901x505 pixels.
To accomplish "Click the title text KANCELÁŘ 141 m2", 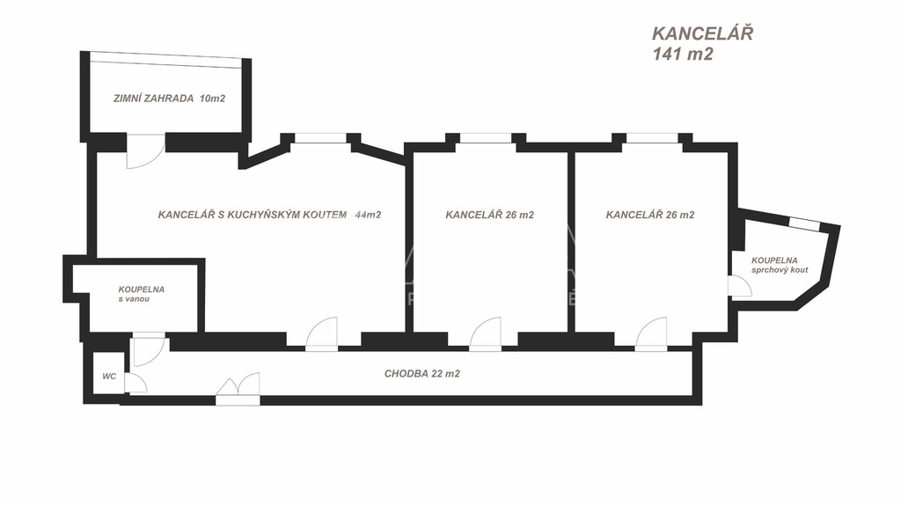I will (x=701, y=43).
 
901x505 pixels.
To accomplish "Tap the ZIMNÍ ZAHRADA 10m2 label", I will (x=169, y=99).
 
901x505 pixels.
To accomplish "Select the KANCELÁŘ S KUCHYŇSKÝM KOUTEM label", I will (x=252, y=214).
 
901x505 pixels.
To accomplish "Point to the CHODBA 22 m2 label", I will (x=421, y=374).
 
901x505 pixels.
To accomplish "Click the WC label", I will (x=109, y=377).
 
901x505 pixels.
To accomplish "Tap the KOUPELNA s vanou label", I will (x=142, y=294).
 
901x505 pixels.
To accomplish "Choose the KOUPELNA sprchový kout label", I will (x=779, y=265).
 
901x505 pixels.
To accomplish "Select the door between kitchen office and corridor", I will (x=322, y=333).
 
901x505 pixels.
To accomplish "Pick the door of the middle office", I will (x=485, y=334).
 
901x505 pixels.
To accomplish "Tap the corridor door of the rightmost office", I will (x=651, y=334).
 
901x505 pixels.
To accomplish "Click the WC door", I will (x=135, y=383).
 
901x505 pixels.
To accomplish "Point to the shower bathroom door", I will (x=739, y=287).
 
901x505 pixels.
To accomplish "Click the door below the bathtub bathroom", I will (x=146, y=349).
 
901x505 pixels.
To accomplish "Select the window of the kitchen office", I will (x=320, y=137).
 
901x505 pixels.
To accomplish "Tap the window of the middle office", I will (x=485, y=137).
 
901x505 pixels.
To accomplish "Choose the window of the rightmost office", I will (x=651, y=137).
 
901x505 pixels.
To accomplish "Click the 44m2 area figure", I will (x=368, y=214).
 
